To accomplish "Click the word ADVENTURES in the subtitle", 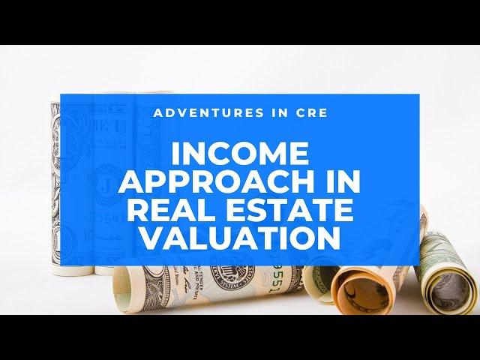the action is [208, 112].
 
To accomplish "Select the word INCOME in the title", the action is [240, 154].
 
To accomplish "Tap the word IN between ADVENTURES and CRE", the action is [280, 112].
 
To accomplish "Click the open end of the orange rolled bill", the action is [361, 289].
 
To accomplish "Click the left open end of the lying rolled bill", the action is [122, 290].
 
